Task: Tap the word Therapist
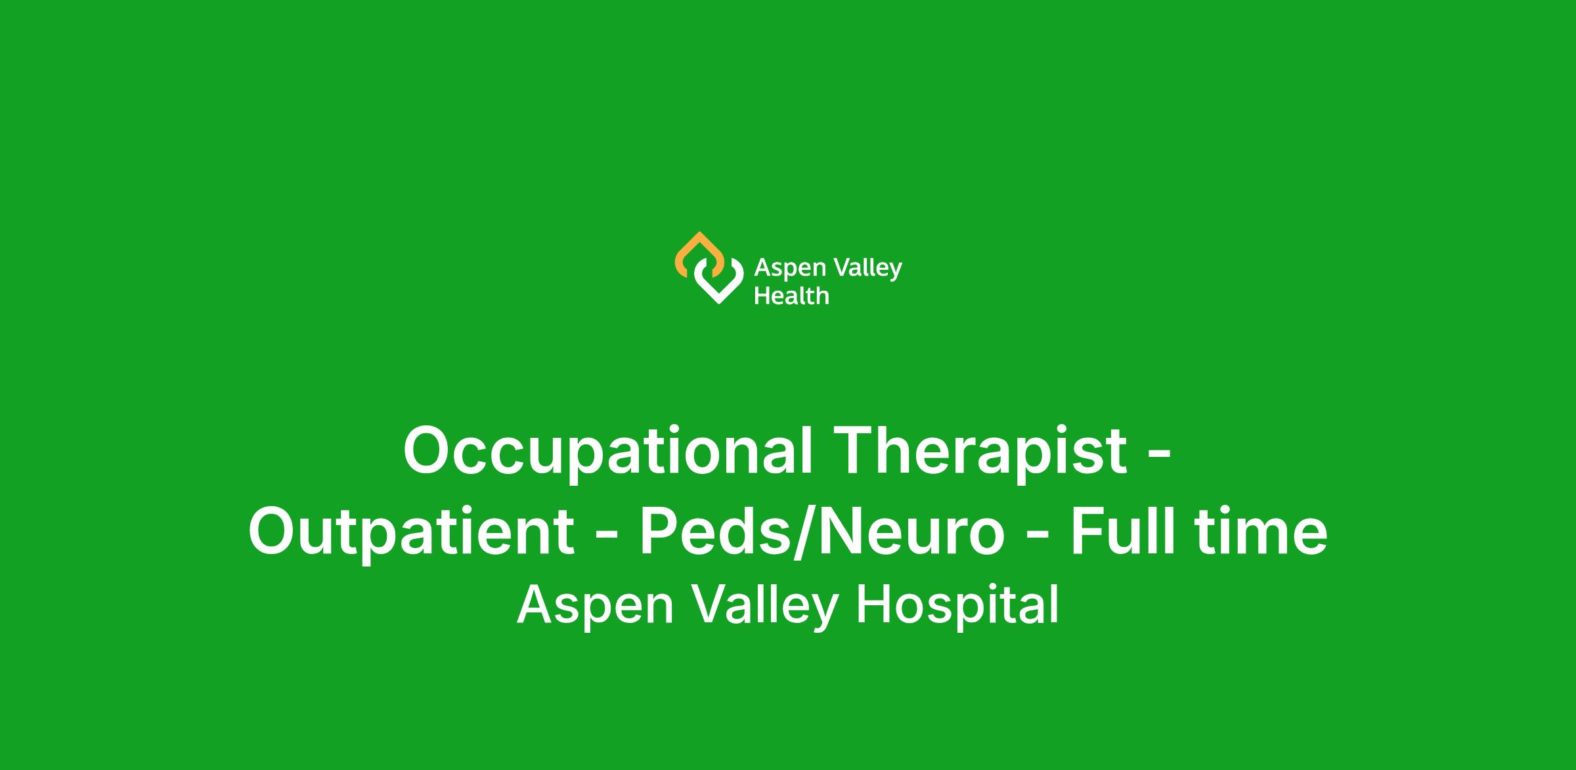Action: coord(982,450)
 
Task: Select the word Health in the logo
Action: coord(791,296)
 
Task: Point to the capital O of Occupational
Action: coord(431,450)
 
